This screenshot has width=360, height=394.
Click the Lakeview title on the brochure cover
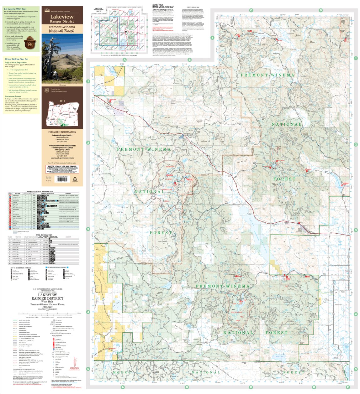click(x=62, y=17)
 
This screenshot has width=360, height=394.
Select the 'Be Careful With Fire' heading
click(x=15, y=9)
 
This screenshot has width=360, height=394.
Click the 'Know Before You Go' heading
click(x=16, y=59)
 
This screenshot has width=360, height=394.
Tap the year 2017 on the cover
click(x=62, y=101)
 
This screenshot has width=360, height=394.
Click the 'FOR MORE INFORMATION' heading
click(x=62, y=132)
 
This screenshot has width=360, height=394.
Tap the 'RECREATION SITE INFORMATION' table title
click(x=40, y=191)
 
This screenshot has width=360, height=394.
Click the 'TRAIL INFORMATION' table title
click(x=44, y=235)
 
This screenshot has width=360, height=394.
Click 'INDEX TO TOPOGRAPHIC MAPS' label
click(x=98, y=10)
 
